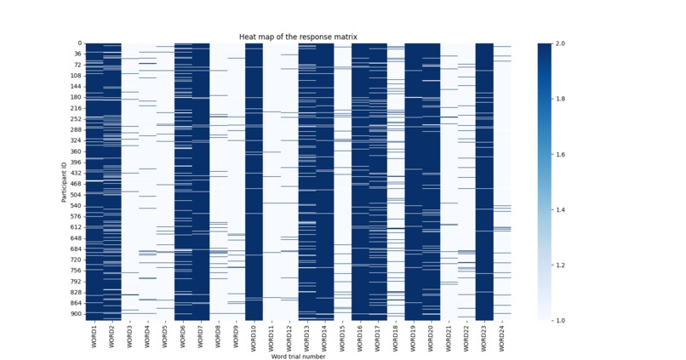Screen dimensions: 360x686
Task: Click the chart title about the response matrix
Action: click(x=298, y=37)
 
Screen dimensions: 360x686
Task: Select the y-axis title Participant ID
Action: click(x=64, y=181)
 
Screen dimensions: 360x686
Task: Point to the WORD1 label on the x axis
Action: click(x=94, y=334)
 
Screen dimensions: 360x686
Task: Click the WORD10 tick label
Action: click(x=254, y=335)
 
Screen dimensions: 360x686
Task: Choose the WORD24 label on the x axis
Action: click(x=502, y=335)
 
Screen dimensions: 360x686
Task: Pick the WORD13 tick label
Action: click(x=306, y=335)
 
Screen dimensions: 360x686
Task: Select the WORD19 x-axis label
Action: click(x=414, y=335)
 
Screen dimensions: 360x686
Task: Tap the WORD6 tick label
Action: click(x=182, y=334)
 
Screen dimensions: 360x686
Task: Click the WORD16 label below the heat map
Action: click(x=360, y=335)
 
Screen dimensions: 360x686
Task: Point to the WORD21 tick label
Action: click(x=449, y=335)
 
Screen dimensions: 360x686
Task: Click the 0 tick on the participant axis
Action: click(x=79, y=43)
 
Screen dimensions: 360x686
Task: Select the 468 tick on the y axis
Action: click(x=76, y=184)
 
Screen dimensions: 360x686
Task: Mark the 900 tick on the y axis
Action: click(x=76, y=314)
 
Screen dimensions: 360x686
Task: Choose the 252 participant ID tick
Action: click(x=76, y=119)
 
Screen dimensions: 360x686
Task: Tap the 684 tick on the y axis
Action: click(x=76, y=249)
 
